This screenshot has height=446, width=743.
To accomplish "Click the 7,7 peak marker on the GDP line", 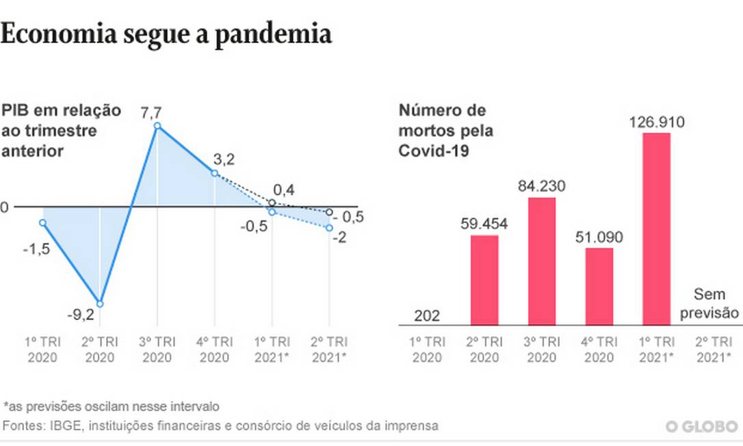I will click(157, 126).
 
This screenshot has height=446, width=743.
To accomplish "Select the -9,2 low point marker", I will click(100, 304).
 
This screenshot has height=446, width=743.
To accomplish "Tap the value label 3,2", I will click(224, 160).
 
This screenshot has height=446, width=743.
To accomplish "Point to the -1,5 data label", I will click(36, 250).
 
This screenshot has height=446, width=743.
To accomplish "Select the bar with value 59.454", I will click(484, 280).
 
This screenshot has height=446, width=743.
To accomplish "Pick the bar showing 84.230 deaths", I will click(542, 261).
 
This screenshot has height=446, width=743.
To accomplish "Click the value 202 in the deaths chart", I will click(427, 316).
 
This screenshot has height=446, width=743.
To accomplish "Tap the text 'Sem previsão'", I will click(716, 304).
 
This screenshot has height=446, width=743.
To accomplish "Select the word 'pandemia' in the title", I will click(274, 34).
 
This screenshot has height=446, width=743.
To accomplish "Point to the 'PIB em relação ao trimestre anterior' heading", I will click(61, 130).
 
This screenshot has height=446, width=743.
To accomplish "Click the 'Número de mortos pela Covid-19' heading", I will click(445, 130).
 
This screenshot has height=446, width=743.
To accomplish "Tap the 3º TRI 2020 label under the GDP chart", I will click(157, 350).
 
